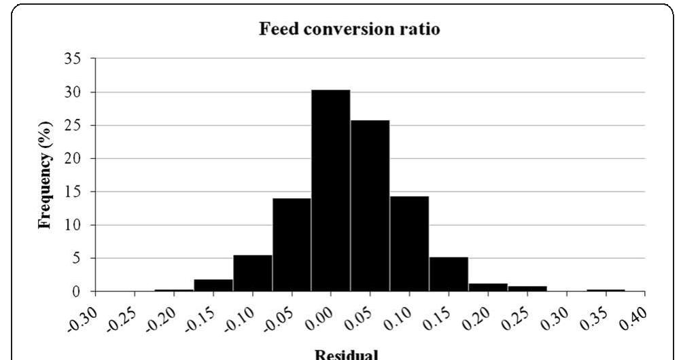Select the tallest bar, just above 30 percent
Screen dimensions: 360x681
[x=330, y=190]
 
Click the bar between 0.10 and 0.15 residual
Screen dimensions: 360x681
[x=409, y=244]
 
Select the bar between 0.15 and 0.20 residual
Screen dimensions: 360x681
[x=449, y=274]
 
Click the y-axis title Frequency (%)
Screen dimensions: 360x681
[x=46, y=175]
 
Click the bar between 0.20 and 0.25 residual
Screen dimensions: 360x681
[x=487, y=287]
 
